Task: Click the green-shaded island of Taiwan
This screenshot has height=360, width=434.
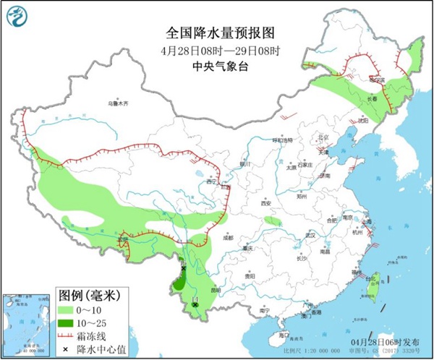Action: [x=374, y=288]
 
